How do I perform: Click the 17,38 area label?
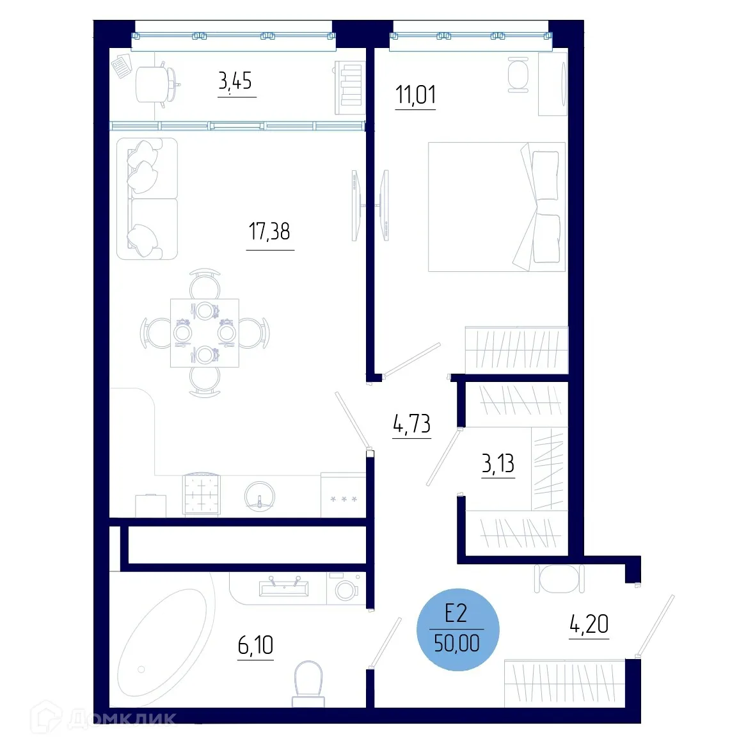(x=269, y=231)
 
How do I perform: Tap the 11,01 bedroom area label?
(x=415, y=95)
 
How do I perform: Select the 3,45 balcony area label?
(x=235, y=81)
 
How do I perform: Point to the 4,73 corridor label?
(x=411, y=424)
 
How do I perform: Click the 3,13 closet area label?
(x=498, y=463)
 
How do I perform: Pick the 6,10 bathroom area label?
(x=255, y=645)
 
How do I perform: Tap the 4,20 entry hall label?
(x=589, y=624)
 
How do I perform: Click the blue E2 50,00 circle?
(x=457, y=630)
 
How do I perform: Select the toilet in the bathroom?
(x=308, y=682)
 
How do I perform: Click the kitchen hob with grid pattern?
(x=202, y=494)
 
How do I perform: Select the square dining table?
(x=205, y=333)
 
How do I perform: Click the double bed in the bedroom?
(x=496, y=207)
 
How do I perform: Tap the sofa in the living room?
(x=147, y=198)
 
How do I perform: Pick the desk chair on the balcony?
(x=154, y=84)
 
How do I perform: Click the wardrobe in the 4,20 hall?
(x=564, y=683)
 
